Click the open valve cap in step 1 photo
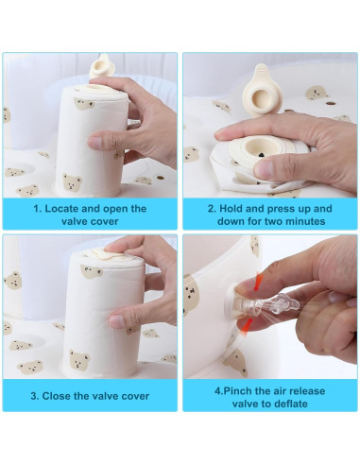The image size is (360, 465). [x=100, y=66]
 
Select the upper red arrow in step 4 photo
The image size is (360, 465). [x=259, y=282]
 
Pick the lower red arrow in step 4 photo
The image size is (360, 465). [x=248, y=325]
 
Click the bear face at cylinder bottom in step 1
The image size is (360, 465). [x=72, y=182]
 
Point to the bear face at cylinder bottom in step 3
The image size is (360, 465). [x=79, y=359]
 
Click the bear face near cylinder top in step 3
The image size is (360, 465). [x=92, y=271]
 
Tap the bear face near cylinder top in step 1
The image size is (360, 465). [x=84, y=104]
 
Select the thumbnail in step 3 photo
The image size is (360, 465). [x=117, y=321]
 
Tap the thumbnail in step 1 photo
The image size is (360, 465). [x=95, y=143]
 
